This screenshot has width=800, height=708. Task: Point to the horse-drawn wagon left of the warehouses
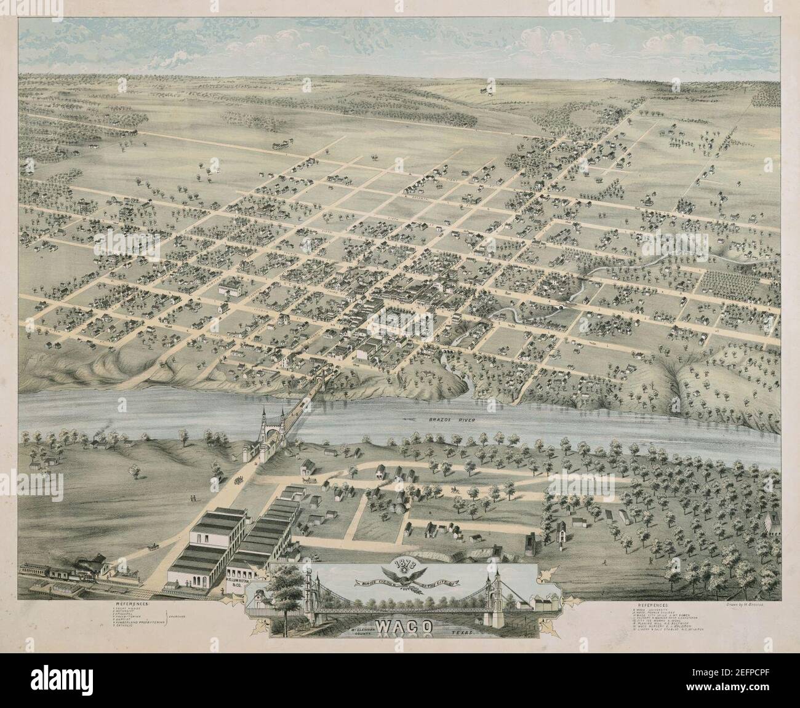pos(151,546)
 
